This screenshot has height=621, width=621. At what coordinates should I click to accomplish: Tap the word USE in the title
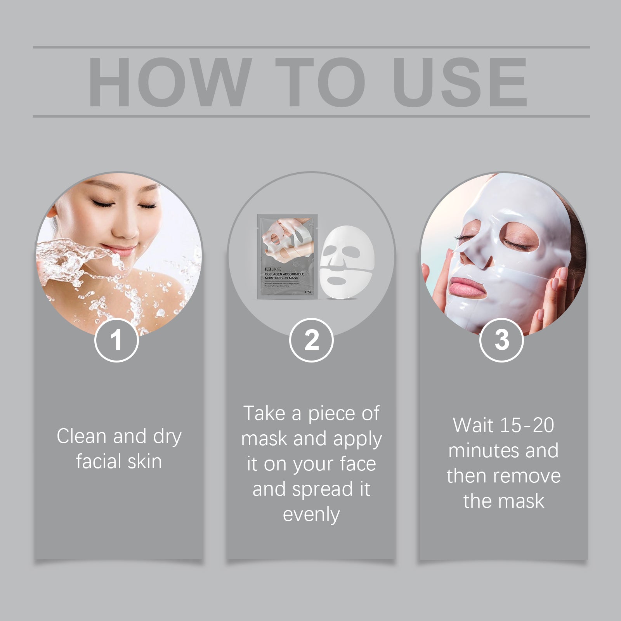pyautogui.click(x=460, y=82)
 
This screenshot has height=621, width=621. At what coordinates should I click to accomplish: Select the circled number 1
pyautogui.click(x=116, y=340)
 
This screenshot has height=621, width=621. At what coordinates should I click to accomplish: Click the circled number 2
pyautogui.click(x=311, y=340)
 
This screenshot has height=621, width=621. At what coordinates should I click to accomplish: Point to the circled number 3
pyautogui.click(x=501, y=340)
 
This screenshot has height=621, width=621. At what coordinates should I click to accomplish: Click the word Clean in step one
pyautogui.click(x=82, y=436)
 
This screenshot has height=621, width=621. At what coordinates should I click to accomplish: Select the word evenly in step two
pyautogui.click(x=311, y=515)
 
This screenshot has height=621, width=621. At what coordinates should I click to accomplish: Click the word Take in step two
pyautogui.click(x=264, y=413)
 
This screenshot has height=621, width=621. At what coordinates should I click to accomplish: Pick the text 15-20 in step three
pyautogui.click(x=527, y=425)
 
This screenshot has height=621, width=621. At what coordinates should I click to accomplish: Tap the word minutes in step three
pyautogui.click(x=478, y=451)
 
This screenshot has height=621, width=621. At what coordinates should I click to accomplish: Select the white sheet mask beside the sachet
pyautogui.click(x=347, y=262)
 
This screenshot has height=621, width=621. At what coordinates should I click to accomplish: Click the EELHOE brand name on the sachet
pyautogui.click(x=272, y=269)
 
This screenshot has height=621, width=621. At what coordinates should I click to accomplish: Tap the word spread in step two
pyautogui.click(x=323, y=489)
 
